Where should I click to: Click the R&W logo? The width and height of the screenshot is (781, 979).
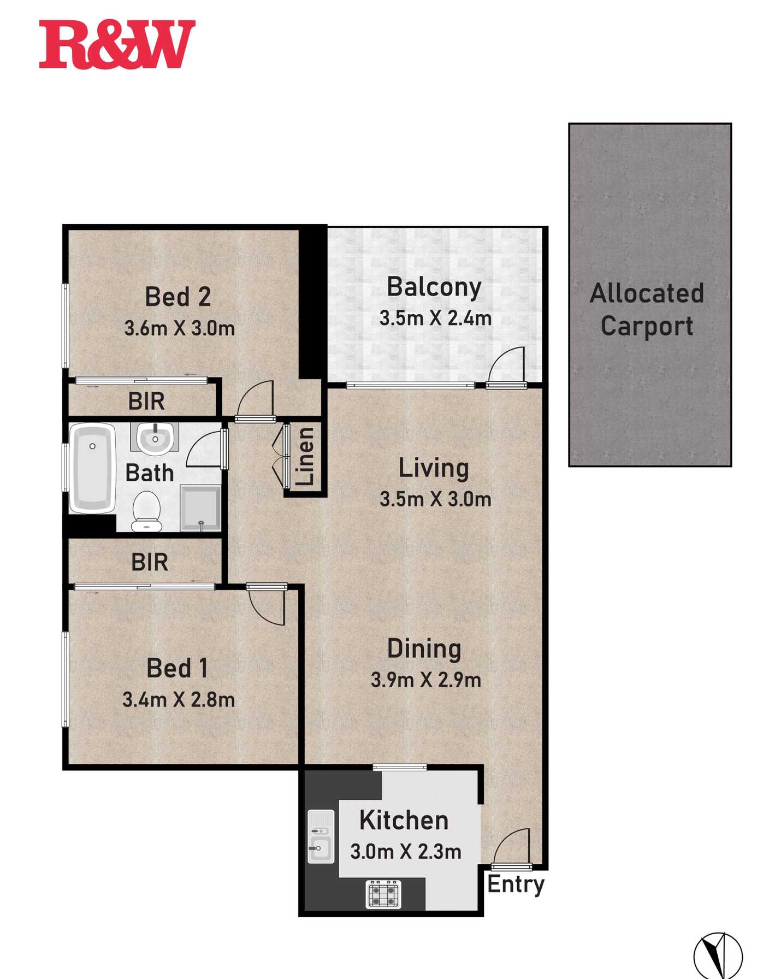[117, 45]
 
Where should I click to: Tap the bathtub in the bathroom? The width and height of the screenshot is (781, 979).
[92, 468]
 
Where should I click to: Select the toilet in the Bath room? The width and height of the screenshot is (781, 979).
[146, 511]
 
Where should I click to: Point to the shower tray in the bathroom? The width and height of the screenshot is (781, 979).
[200, 508]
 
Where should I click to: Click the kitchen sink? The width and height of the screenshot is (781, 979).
[321, 836]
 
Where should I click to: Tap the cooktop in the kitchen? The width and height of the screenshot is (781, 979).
[383, 894]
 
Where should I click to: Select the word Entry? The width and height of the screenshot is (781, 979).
[516, 884]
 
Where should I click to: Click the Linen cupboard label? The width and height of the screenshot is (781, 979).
[305, 457]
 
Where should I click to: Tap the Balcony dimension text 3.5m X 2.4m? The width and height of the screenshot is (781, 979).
[435, 318]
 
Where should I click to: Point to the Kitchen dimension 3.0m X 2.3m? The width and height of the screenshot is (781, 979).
[405, 852]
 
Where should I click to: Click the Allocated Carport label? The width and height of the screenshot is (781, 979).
[647, 309]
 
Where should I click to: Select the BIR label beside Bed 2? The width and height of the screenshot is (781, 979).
[146, 401]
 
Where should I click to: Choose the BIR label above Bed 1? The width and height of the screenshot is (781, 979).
[149, 562]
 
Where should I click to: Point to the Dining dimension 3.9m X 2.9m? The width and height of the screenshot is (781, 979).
[426, 680]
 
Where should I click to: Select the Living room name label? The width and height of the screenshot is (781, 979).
[434, 469]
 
